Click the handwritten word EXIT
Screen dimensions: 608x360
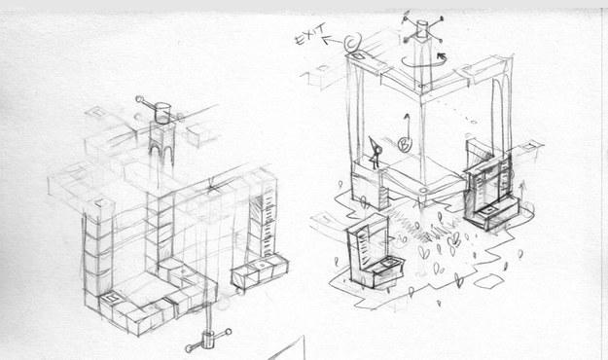pos(310,34)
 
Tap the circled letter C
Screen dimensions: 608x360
pos(353,42)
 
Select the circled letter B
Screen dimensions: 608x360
pos(405,144)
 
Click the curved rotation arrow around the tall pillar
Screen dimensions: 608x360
pos(422,63)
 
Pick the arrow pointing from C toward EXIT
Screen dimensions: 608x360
pos(333,40)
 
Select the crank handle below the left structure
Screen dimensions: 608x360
pos(208,341)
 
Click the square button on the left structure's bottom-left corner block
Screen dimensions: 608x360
pos(111,298)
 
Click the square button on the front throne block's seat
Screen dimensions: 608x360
pos(387,263)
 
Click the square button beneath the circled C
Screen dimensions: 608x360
pos(359,56)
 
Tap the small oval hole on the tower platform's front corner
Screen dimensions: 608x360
pos(423,191)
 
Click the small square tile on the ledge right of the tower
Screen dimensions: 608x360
pos(529,146)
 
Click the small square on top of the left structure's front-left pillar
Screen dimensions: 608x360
pos(100,203)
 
